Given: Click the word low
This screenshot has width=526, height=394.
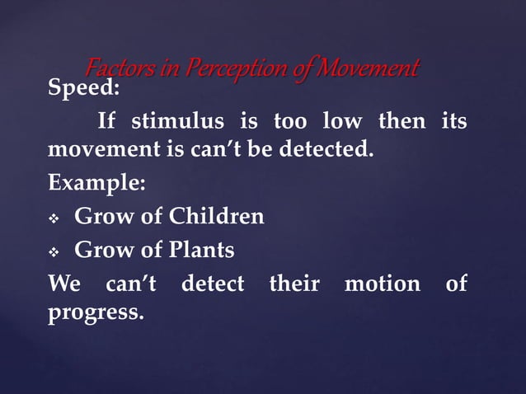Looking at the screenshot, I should [x=341, y=123].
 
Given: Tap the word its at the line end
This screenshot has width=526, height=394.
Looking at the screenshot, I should [x=453, y=123].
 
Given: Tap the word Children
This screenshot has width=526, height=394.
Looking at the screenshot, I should [x=217, y=218].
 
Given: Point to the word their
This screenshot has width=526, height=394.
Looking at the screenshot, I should [x=294, y=284].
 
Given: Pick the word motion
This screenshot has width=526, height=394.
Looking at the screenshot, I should [x=381, y=284].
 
